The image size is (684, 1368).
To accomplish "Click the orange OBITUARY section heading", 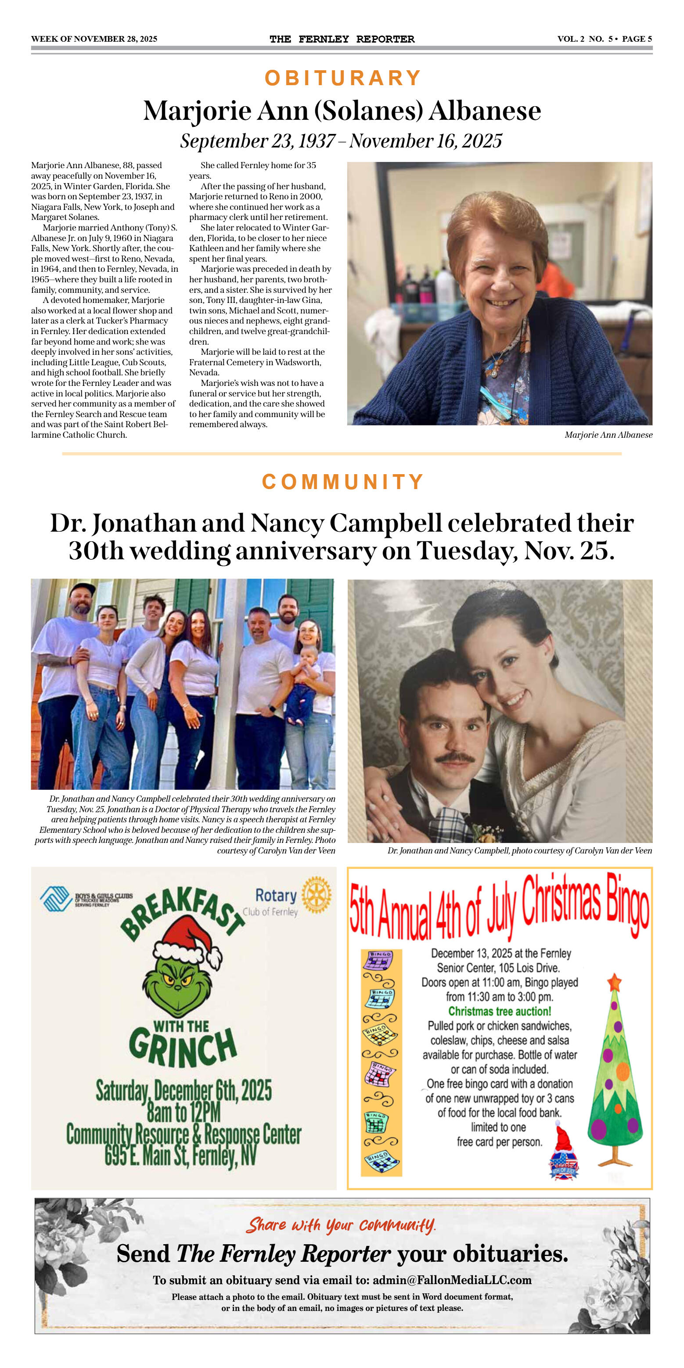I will tap(342, 78).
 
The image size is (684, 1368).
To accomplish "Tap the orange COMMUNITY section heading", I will tap(342, 482).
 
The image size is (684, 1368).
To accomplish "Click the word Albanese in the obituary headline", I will tap(485, 112).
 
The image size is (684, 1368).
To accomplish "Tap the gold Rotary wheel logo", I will tap(316, 895).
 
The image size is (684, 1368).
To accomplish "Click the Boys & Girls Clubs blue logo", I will tap(56, 899).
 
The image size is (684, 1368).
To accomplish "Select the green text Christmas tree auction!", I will tap(500, 1011).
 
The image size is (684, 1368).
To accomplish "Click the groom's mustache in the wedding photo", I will tap(454, 758).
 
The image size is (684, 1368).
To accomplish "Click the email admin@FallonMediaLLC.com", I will tap(452, 1280).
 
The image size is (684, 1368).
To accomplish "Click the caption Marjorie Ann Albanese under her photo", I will tap(608, 435).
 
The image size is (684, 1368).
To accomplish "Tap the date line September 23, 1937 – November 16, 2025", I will tap(341, 141).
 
